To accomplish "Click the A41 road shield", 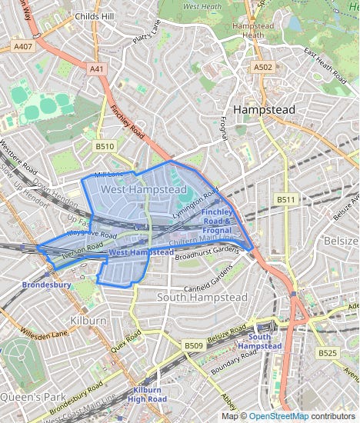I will [x=97, y=68].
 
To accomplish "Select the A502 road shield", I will [x=263, y=68].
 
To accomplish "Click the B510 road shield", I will [x=105, y=145].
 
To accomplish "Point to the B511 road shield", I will [x=286, y=200].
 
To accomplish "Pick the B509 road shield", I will [x=193, y=347].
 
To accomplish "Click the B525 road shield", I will [x=328, y=352].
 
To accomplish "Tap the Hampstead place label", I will [x=264, y=110].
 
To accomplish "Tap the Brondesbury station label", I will [x=46, y=284].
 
